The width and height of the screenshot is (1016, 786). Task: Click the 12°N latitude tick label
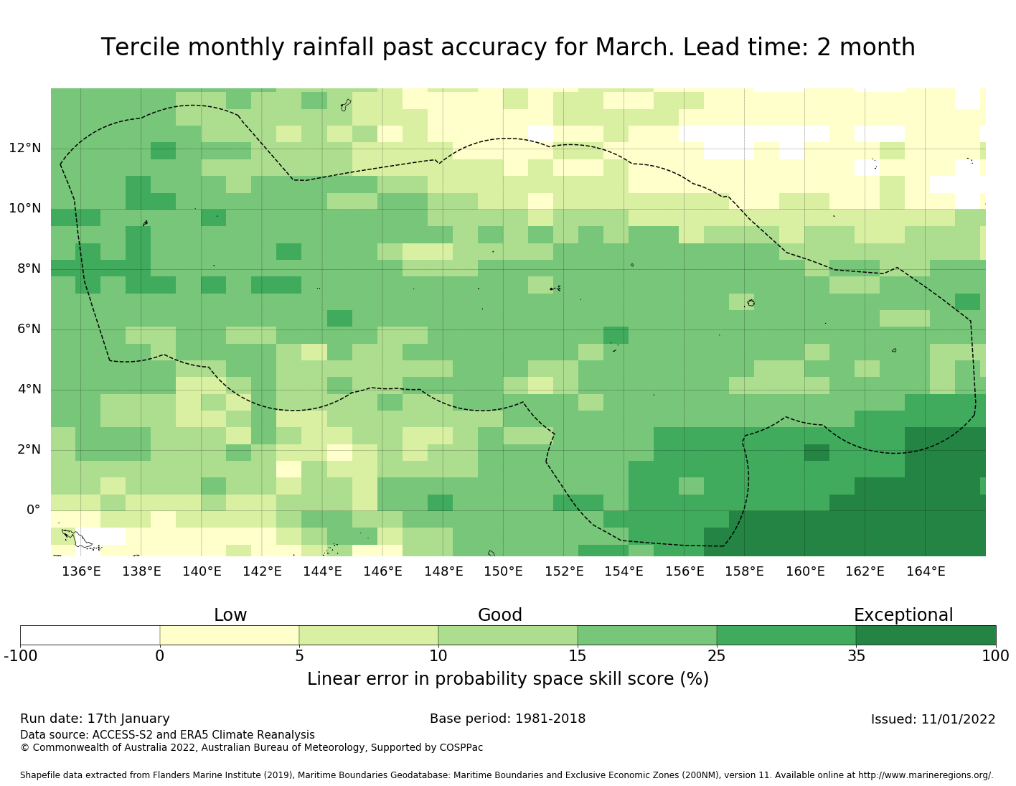click(25, 149)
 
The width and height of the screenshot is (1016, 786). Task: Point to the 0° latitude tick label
click(33, 510)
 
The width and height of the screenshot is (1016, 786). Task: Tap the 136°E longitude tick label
click(81, 571)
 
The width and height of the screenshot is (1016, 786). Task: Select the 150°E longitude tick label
click(503, 571)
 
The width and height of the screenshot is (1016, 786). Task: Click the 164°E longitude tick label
click(926, 571)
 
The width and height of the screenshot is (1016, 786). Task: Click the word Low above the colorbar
click(230, 615)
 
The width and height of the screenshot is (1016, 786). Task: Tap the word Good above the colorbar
click(500, 615)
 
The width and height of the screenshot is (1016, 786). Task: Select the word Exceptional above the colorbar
click(903, 615)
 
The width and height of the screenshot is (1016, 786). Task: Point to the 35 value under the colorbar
click(856, 655)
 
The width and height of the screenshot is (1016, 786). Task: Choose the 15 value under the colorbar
click(578, 655)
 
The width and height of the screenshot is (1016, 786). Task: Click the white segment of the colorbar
click(90, 635)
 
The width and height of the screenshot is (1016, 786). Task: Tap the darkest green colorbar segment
click(926, 635)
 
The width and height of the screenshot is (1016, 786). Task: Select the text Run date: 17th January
click(95, 719)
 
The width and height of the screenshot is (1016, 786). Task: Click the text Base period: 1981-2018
click(507, 719)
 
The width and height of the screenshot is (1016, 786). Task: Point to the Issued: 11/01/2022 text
click(933, 719)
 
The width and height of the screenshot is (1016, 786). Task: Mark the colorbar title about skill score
click(507, 679)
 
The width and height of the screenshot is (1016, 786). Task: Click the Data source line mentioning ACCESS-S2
click(167, 735)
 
